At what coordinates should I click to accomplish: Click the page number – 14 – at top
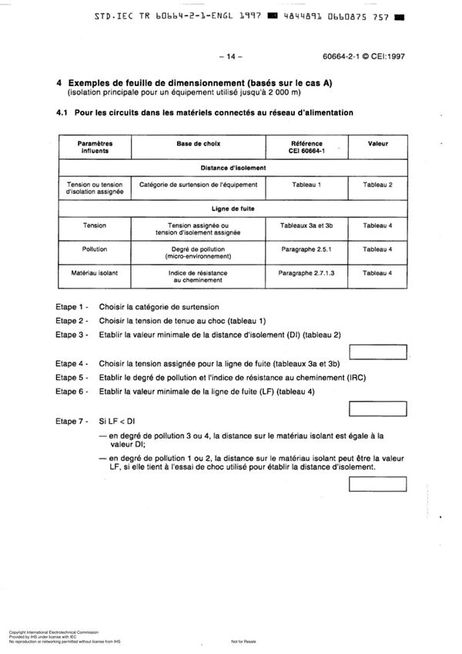[230, 56]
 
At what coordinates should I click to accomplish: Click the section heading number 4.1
[63, 112]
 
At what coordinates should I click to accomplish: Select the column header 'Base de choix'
[199, 144]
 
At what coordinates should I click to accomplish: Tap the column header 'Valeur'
[377, 144]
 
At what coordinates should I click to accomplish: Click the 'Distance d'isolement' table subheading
[233, 167]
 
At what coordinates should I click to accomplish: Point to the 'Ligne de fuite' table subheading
[233, 208]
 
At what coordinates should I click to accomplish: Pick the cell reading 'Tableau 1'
[307, 185]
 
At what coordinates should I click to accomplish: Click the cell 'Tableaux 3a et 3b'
[307, 226]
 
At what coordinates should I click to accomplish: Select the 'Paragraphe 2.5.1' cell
[307, 249]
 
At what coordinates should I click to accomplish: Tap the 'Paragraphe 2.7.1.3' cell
[307, 273]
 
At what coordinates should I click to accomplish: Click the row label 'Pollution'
[95, 249]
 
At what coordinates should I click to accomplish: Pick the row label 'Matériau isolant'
[95, 273]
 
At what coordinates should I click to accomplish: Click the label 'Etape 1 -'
[72, 306]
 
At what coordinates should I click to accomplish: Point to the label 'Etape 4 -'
[72, 363]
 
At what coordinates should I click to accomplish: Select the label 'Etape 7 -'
[72, 421]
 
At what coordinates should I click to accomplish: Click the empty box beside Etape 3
[377, 352]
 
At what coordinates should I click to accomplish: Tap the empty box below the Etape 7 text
[377, 484]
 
